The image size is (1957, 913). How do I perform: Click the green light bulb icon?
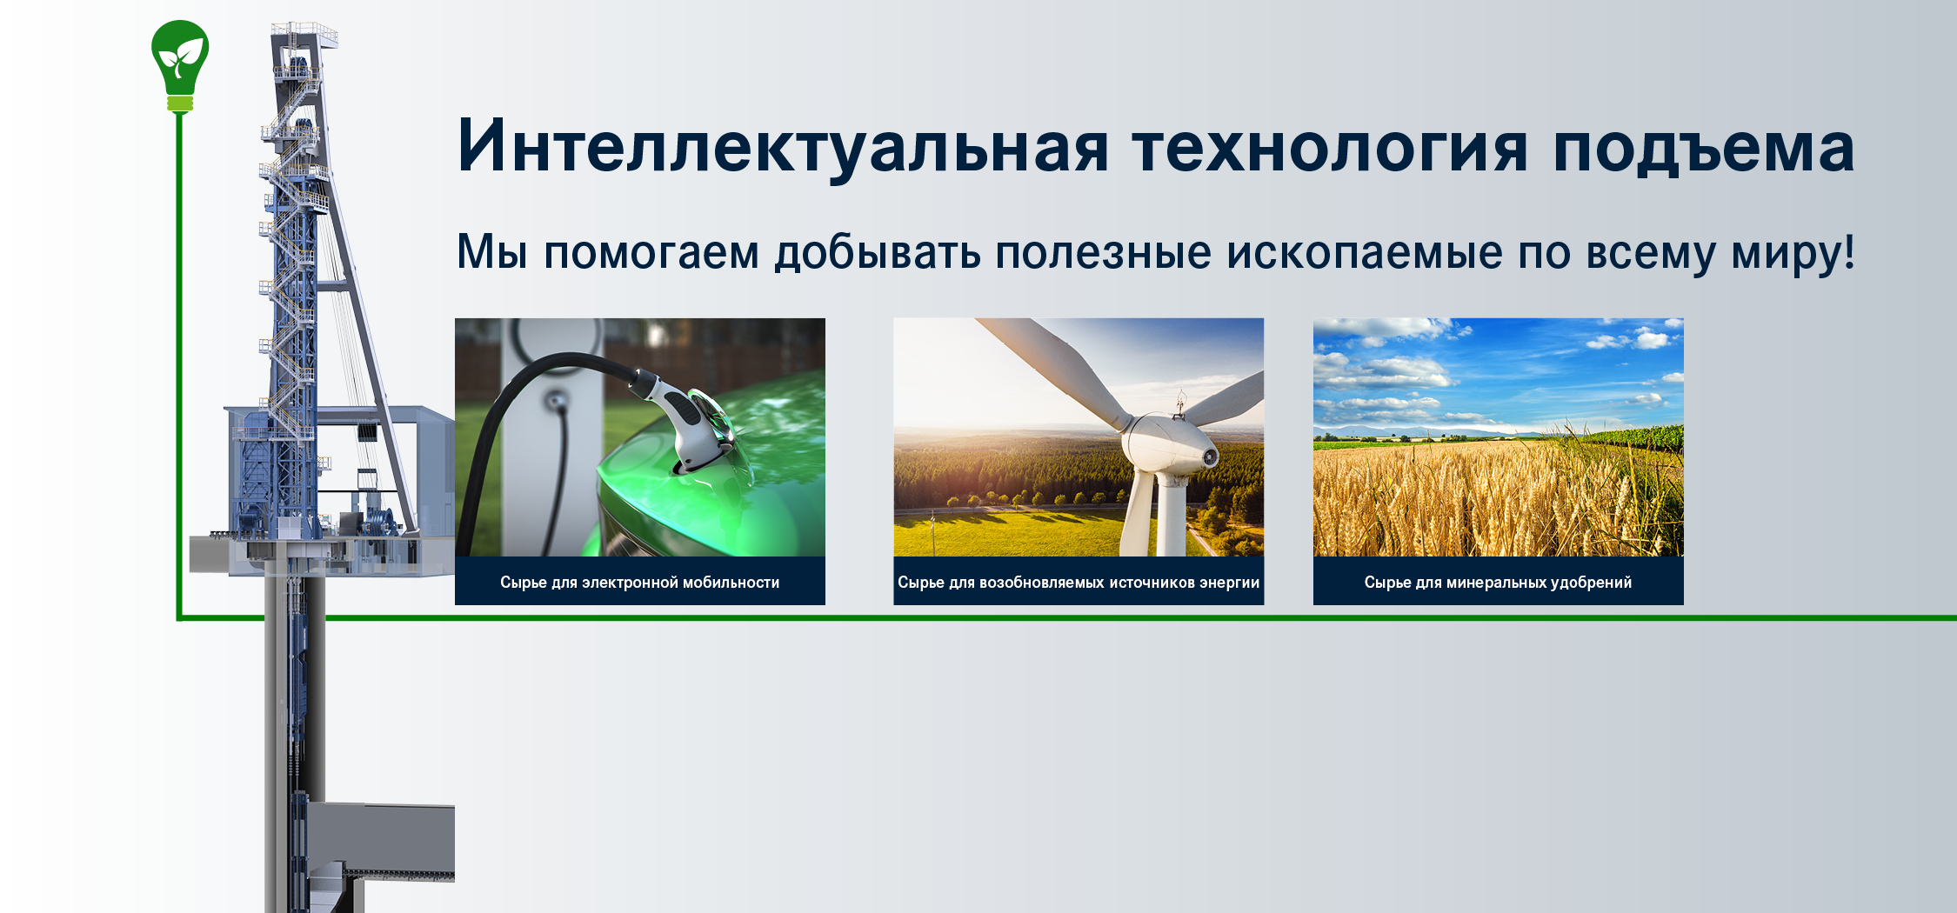tap(180, 65)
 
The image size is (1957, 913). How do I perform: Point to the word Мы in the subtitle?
tap(492, 252)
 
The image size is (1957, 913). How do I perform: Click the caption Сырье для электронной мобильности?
tap(639, 583)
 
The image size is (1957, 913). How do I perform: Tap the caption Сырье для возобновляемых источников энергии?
tap(1079, 583)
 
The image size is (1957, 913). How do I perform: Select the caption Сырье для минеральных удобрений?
tap(1498, 583)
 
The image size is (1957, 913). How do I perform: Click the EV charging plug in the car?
tap(687, 422)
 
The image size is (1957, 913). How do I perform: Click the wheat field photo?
tap(1498, 437)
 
